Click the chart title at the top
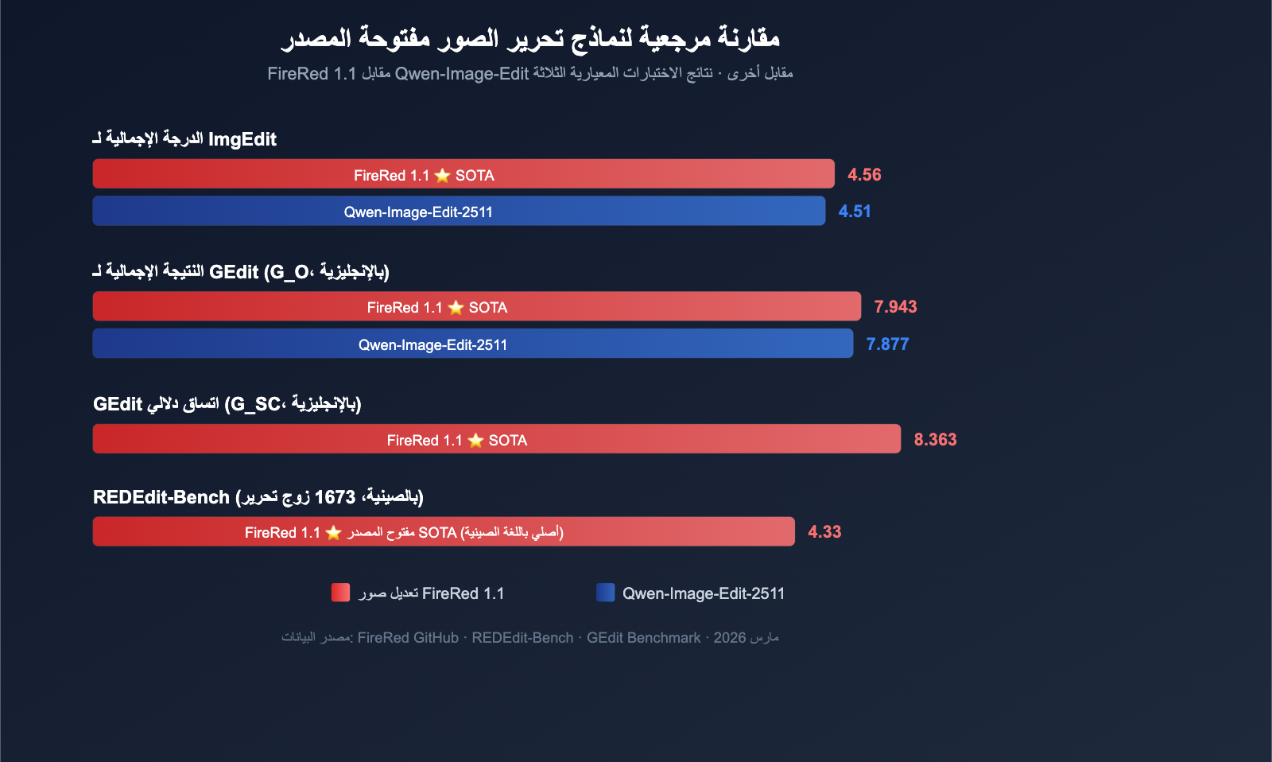pos(530,37)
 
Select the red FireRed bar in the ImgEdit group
pos(463,174)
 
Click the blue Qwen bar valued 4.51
pos(459,212)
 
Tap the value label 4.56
pos(864,175)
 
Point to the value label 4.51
pos(855,212)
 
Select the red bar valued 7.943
pos(476,307)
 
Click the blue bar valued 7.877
pos(472,344)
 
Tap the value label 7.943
pos(895,307)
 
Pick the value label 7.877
pos(887,344)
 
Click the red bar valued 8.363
pos(496,439)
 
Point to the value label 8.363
pos(935,440)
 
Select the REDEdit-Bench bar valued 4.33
pos(444,532)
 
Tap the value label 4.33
pos(824,532)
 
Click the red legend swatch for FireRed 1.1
pos(340,593)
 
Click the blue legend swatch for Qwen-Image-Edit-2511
pos(605,593)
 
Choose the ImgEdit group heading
pos(184,140)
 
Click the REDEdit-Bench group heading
pos(258,497)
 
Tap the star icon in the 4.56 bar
pos(443,176)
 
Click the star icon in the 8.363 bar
pos(475,441)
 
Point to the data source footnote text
pos(530,638)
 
